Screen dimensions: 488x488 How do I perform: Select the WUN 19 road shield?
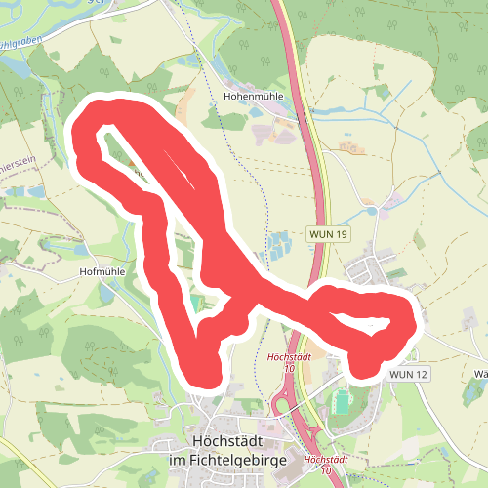328,235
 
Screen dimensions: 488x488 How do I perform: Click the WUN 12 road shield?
408,374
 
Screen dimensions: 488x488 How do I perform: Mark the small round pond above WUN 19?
371,210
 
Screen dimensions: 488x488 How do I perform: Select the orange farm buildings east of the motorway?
348,147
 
